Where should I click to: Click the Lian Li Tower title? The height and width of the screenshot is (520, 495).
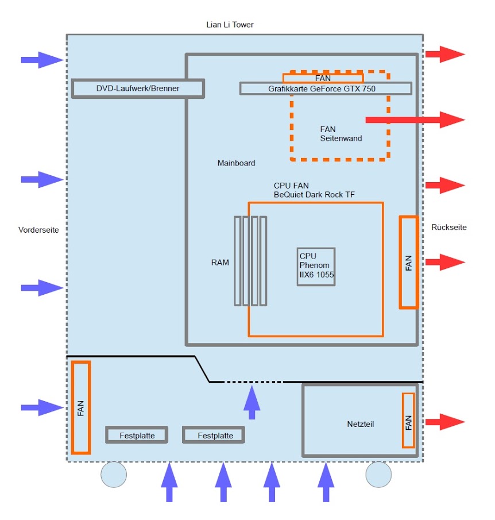coord(230,25)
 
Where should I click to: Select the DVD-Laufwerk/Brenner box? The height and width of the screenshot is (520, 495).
coord(138,88)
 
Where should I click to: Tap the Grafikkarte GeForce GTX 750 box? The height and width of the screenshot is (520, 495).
coord(325,88)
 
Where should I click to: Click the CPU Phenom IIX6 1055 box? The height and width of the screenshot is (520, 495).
coord(316,267)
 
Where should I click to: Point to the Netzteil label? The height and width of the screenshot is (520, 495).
coord(361,424)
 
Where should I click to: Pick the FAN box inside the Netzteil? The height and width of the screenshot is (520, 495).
coord(408,421)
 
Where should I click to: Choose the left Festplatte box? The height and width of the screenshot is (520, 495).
coord(137,435)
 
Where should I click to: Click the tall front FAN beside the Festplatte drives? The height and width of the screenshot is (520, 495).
coord(81,407)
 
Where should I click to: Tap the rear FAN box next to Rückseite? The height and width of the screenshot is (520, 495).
coord(408,262)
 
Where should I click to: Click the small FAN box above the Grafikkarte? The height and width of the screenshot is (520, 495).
coord(323,78)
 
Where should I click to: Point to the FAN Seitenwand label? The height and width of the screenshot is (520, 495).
coord(341,134)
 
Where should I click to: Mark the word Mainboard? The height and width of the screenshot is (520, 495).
coord(236,163)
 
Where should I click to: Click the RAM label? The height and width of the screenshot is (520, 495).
coord(220,263)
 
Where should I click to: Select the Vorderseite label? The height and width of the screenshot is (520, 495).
coord(38,230)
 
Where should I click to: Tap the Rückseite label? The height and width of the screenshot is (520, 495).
coord(448,228)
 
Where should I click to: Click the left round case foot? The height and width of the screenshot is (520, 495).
coord(113,474)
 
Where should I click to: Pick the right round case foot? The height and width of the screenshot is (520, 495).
coord(378,474)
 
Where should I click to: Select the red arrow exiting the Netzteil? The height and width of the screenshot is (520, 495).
coord(444,421)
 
